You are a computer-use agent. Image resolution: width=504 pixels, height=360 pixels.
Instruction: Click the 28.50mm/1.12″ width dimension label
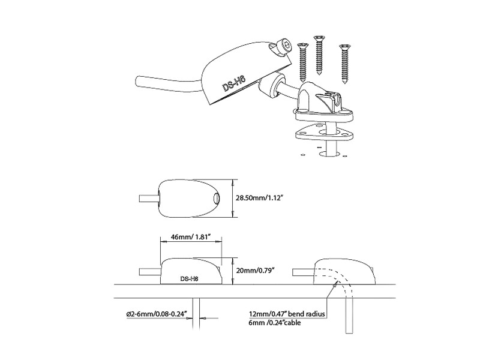[x=259, y=198]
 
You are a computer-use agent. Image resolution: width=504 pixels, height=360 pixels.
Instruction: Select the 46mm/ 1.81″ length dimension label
[x=190, y=237]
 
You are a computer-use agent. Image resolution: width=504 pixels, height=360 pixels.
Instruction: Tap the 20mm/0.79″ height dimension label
[x=257, y=271]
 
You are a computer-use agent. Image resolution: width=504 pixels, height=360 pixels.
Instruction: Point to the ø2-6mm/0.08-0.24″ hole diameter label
[x=157, y=314]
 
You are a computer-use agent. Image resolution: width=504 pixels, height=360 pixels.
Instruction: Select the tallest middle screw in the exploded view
[x=319, y=55]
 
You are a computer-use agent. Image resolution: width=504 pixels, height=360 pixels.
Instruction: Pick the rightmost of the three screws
[x=344, y=64]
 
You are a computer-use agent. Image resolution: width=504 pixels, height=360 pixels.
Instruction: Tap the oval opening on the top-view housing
[x=216, y=199]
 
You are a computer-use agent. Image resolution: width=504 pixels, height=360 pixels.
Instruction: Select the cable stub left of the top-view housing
[x=149, y=199]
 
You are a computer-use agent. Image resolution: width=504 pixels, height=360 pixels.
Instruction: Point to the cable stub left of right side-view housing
[x=303, y=272]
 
